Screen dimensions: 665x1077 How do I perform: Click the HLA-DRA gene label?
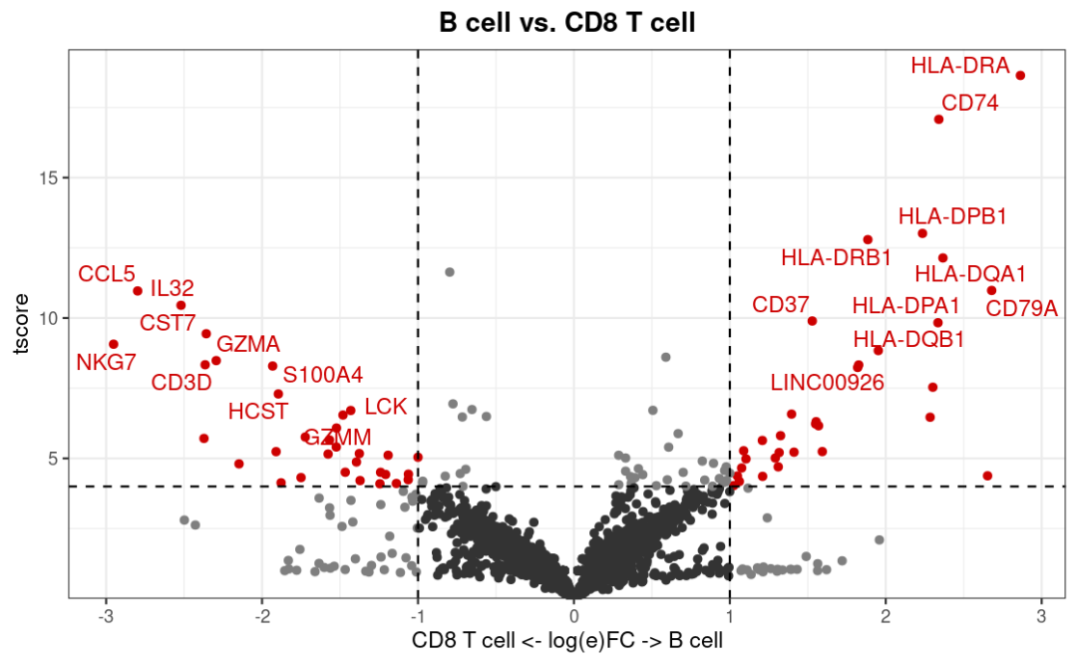pos(959,66)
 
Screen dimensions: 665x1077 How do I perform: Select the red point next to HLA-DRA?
pos(1020,76)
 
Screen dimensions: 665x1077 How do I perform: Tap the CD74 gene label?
pos(969,103)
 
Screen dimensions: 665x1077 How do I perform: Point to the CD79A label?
pos(1021,309)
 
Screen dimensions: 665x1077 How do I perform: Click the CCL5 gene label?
pos(107,273)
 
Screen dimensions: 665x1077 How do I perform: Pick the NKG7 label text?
pos(106,362)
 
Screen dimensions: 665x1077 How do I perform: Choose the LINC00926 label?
pos(827,382)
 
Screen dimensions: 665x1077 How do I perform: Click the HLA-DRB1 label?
pos(836,257)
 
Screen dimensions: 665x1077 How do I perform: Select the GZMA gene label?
pos(248,344)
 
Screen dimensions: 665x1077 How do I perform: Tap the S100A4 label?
pos(323,376)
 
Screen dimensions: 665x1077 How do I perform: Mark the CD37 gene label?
pos(780,305)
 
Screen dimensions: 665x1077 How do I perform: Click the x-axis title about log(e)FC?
pos(567,639)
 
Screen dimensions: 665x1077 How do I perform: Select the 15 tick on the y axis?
pos(48,177)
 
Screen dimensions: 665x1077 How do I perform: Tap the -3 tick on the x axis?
pos(106,615)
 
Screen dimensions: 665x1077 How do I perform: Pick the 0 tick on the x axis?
pos(573,615)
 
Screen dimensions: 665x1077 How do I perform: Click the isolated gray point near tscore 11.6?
pos(450,272)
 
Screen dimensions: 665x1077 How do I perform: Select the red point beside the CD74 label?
pos(938,120)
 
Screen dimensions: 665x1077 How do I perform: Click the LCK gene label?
pos(386,407)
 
